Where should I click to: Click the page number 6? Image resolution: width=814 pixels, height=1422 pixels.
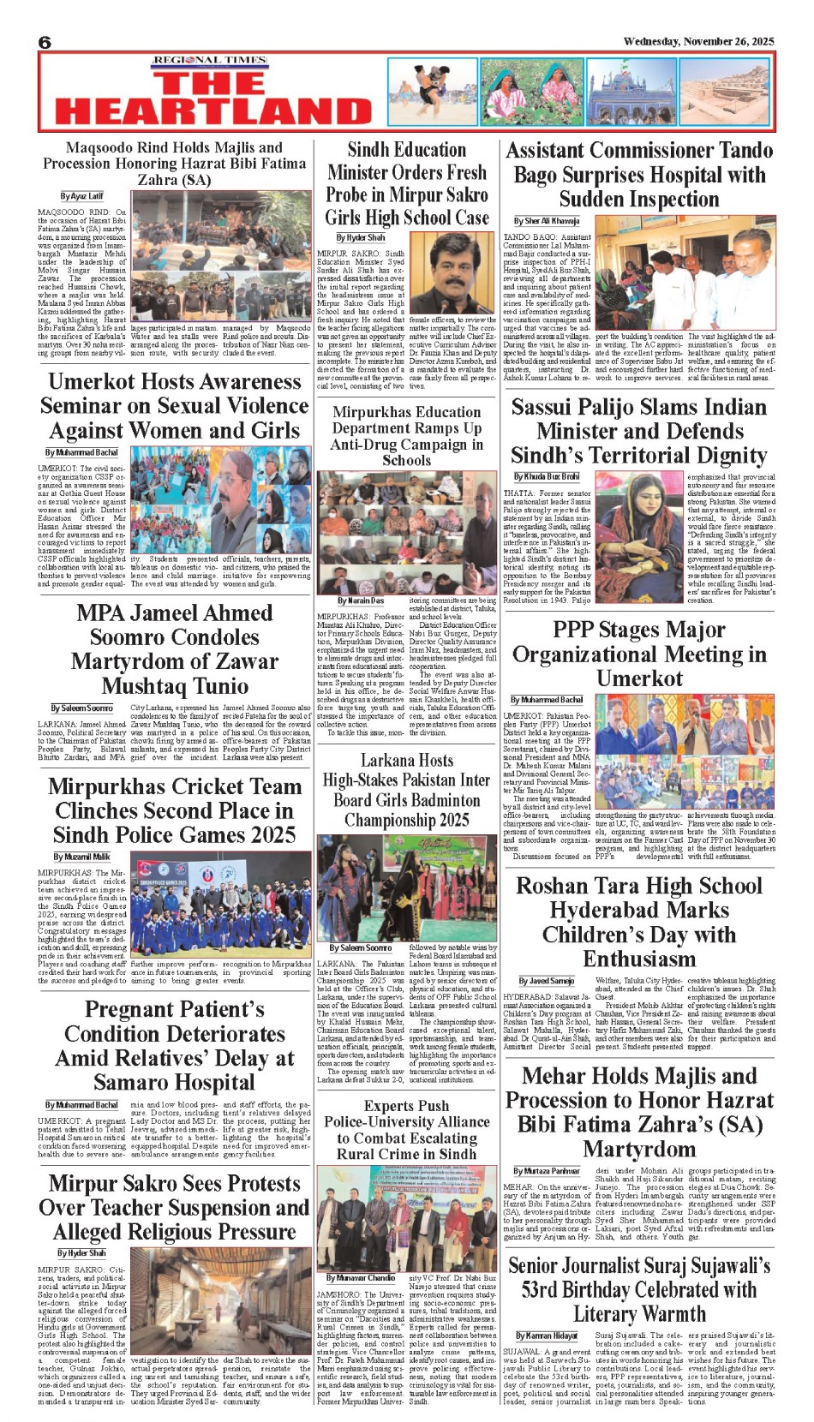tap(45, 43)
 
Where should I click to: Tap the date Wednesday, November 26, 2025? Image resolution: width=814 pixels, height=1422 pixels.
tap(698, 41)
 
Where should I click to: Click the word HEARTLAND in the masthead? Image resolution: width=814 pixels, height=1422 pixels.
tap(213, 111)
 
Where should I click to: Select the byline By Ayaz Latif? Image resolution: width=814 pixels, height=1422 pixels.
tap(81, 196)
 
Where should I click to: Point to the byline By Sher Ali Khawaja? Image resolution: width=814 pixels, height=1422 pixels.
tap(547, 221)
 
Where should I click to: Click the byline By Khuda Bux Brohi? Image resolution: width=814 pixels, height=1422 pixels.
tap(547, 476)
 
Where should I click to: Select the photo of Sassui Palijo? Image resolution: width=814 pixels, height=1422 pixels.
tap(638, 537)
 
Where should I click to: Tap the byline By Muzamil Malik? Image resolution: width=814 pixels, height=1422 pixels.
tap(81, 857)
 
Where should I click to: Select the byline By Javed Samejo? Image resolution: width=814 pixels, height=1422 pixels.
tap(547, 981)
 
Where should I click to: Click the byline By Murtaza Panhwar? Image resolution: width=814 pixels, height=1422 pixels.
tap(547, 1171)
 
